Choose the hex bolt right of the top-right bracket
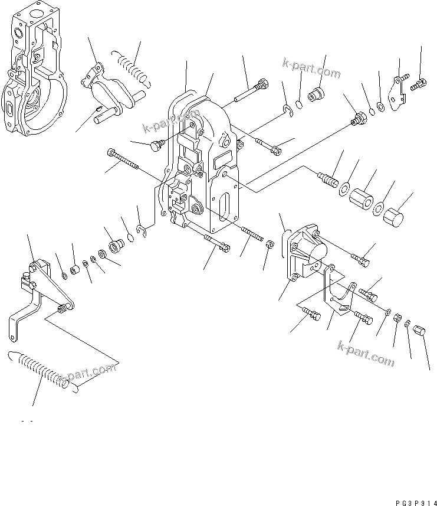click(x=418, y=84)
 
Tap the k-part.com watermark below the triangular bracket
click(x=366, y=352)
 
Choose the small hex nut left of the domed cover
click(x=269, y=243)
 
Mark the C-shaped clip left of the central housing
click(x=142, y=229)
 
